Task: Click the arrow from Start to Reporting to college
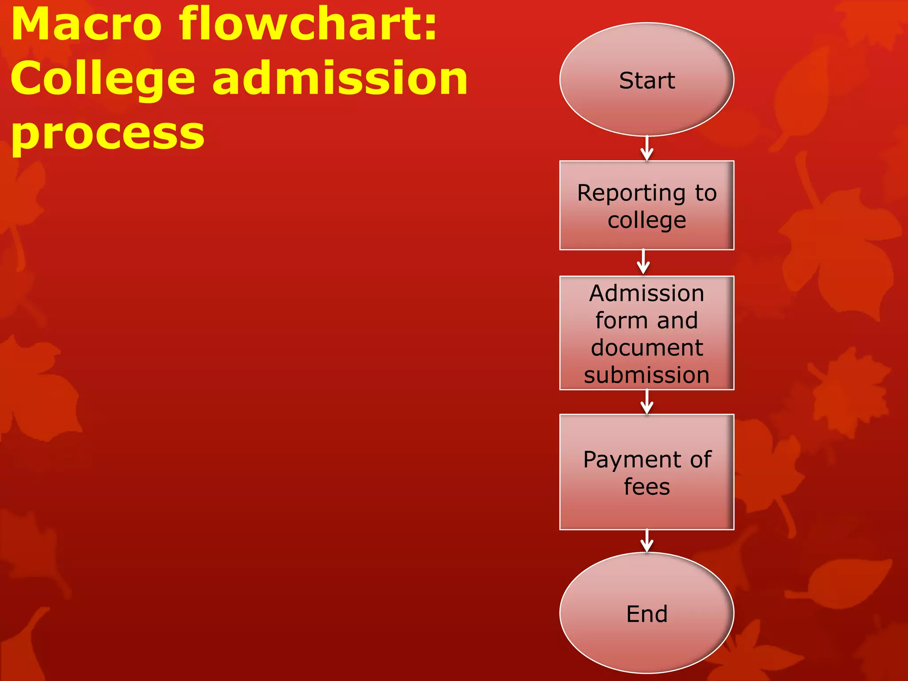(647, 149)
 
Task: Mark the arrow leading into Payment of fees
(647, 402)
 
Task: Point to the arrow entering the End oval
(647, 541)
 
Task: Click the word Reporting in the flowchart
(631, 194)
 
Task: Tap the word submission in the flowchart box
(646, 375)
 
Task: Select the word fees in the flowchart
(646, 487)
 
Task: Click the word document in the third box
(646, 348)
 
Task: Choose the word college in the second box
(646, 221)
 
